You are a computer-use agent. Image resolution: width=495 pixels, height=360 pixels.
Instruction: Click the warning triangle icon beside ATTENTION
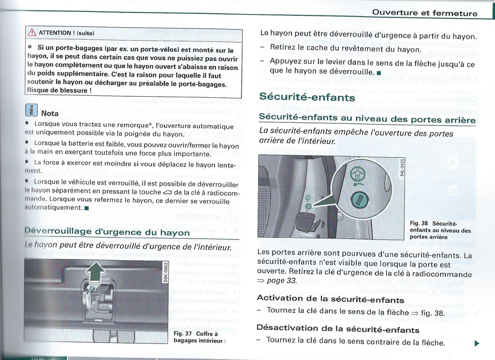pos(32,33)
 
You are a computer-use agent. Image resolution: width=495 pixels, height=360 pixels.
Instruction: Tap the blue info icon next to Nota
pos(31,111)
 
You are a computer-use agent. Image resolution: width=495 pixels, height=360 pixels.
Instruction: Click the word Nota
pos(50,113)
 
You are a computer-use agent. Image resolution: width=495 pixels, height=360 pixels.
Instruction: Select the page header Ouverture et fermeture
pos(424,13)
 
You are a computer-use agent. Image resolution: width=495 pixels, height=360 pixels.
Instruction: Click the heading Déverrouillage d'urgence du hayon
pos(107,232)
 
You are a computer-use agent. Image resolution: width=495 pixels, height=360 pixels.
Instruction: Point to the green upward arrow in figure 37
pos(96,272)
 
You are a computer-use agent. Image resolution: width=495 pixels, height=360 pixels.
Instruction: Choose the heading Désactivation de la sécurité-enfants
pos(338,329)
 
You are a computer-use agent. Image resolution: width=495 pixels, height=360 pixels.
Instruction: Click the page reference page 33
pos(282,281)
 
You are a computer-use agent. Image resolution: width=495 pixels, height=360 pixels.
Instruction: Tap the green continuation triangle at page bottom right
pos(476,344)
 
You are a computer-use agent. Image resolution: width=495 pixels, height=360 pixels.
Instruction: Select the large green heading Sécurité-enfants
pos(307,97)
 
